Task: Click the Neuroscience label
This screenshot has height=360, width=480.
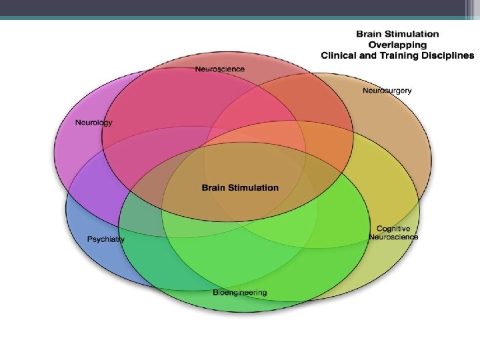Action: pyautogui.click(x=220, y=69)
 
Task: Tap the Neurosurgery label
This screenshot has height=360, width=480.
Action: pyautogui.click(x=387, y=90)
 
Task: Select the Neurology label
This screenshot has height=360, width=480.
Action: pyautogui.click(x=94, y=123)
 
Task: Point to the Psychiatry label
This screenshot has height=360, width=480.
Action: pyautogui.click(x=106, y=239)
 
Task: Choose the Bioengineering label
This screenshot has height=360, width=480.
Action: pyautogui.click(x=240, y=293)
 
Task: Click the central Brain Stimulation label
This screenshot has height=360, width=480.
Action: pyautogui.click(x=240, y=187)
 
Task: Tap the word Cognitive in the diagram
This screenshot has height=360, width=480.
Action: pyautogui.click(x=393, y=229)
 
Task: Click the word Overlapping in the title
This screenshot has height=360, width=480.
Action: pyautogui.click(x=397, y=45)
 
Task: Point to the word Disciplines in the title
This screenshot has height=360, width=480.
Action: pyautogui.click(x=447, y=56)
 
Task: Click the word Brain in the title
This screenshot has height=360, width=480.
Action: pyautogui.click(x=369, y=33)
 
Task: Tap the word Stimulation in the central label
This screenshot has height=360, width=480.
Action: pyautogui.click(x=254, y=187)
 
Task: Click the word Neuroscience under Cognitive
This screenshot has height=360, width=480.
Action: pyautogui.click(x=393, y=237)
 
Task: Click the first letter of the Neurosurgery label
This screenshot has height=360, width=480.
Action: pyautogui.click(x=365, y=90)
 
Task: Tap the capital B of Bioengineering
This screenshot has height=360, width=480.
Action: pyautogui.click(x=215, y=293)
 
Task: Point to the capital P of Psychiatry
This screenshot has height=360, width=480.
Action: pyautogui.click(x=89, y=239)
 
